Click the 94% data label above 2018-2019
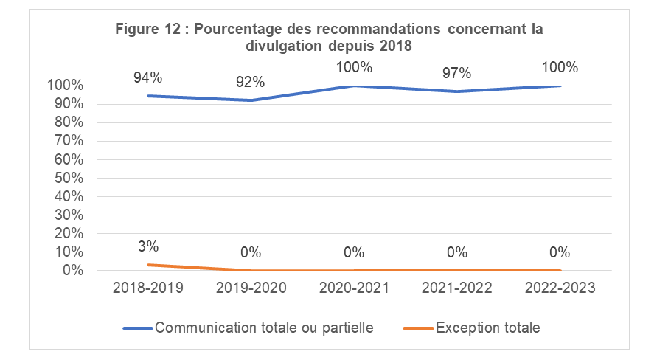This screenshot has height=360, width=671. tap(147, 77)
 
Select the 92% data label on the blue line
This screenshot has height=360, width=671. tap(251, 82)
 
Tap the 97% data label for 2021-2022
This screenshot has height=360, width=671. tap(457, 73)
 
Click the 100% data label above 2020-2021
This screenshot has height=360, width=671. tap(354, 67)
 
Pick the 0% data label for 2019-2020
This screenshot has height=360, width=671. tap(251, 252)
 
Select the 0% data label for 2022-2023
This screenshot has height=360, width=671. tap(560, 252)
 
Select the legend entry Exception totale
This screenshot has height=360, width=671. tap(487, 328)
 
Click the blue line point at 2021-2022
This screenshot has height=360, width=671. tap(457, 91)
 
